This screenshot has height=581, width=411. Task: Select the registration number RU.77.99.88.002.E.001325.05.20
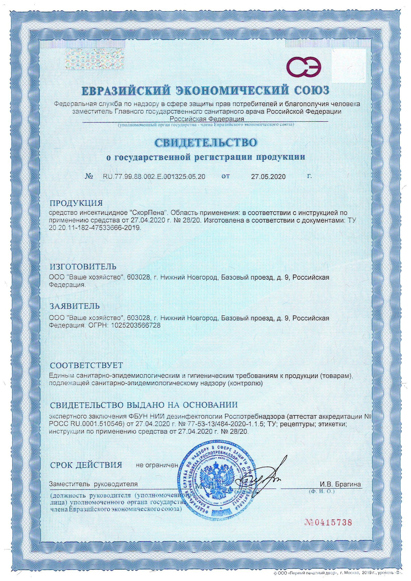pyautogui.click(x=154, y=177)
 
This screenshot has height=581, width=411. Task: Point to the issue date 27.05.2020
pyautogui.click(x=268, y=177)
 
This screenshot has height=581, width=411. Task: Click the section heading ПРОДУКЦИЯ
pyautogui.click(x=76, y=203)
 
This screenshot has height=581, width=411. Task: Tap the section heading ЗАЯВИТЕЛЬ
pyautogui.click(x=75, y=306)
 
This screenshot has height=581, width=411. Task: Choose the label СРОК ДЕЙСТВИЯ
pyautogui.click(x=86, y=465)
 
